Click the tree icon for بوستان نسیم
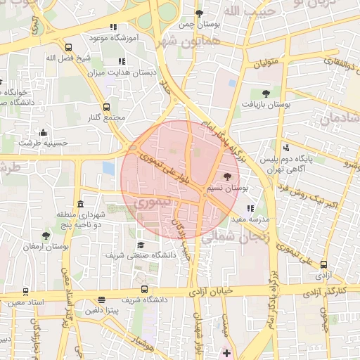coord(227,177)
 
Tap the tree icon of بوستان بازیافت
coord(266,93)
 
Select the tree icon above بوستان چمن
coord(199,13)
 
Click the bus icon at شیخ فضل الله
coord(68,48)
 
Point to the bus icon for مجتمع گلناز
coord(107,108)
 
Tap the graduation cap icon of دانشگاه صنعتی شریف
coord(141,245)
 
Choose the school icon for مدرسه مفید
coord(251,208)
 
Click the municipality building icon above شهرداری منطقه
coord(81,203)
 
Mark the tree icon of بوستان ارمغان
coord(46,236)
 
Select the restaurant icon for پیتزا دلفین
coord(103,300)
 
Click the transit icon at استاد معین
coord(26,292)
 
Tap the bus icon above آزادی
coord(323,265)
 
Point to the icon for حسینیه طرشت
coord(44,132)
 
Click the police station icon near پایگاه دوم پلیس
coord(286,148)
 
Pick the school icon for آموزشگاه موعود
coord(114,27)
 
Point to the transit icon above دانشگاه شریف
coord(145,290)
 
